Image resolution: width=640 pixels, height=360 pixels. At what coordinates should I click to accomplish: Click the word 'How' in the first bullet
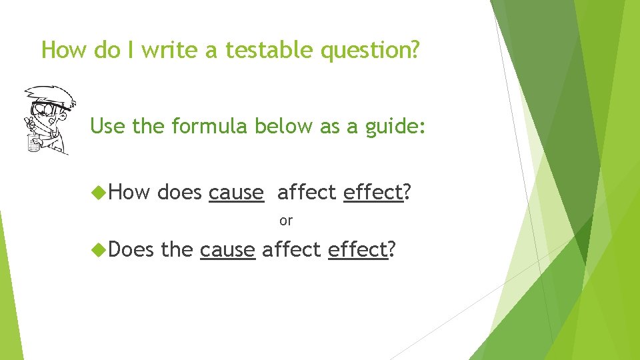130,192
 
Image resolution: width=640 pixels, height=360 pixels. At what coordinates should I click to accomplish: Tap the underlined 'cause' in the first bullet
236,192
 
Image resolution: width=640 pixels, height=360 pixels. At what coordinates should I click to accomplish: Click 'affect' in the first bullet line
307,192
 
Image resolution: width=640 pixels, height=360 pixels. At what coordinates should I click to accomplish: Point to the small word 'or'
286,220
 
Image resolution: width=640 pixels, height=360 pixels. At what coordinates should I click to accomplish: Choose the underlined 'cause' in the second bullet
227,249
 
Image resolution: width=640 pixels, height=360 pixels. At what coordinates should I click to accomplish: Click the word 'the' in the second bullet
177,249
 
